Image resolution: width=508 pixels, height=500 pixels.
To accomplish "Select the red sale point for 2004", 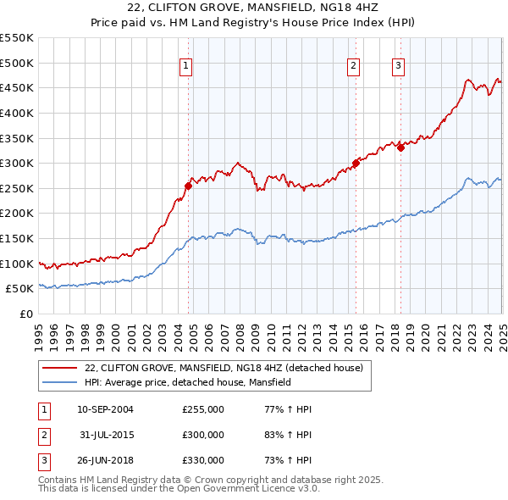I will click(x=188, y=186).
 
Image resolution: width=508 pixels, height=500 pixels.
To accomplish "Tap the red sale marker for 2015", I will click(x=356, y=164).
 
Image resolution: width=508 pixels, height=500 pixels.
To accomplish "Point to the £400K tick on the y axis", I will click(x=17, y=113).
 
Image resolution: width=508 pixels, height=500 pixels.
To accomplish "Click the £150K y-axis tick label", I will click(x=17, y=239).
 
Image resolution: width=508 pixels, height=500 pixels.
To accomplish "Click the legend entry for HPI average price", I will click(x=187, y=382).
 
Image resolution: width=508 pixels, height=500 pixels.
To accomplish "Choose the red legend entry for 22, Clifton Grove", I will click(x=224, y=368).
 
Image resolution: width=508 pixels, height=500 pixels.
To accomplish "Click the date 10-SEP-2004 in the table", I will click(x=105, y=409).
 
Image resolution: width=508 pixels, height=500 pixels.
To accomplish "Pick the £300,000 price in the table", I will click(x=203, y=435).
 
